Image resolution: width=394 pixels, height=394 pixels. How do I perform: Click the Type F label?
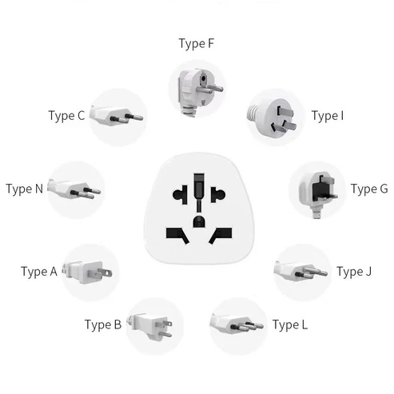[x=196, y=43]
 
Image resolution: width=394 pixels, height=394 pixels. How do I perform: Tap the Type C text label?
[x=66, y=116]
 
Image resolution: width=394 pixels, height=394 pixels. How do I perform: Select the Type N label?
[x=25, y=189]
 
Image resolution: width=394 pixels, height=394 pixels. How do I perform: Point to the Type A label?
[x=39, y=272]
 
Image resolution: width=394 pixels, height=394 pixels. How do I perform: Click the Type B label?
[x=103, y=324]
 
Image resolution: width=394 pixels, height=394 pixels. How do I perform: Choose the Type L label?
[x=289, y=324]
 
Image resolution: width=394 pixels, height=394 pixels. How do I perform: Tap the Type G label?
[x=369, y=189]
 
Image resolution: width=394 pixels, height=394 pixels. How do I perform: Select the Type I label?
[x=328, y=116]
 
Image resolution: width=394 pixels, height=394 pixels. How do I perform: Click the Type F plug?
[x=196, y=90]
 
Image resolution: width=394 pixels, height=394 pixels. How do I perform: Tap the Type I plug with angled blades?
[x=274, y=117]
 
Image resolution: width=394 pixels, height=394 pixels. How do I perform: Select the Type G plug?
[x=317, y=190]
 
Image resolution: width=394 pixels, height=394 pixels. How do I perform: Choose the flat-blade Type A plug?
[x=90, y=272]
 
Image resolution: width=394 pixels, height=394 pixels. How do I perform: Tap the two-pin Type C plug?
[x=117, y=116]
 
